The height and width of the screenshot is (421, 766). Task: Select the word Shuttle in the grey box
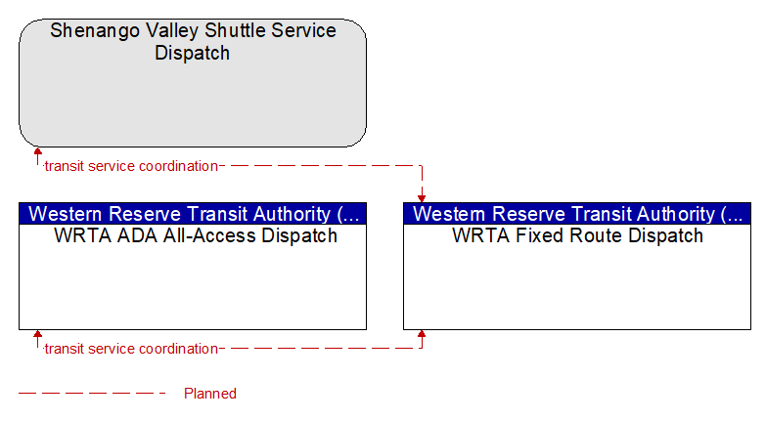tap(235, 30)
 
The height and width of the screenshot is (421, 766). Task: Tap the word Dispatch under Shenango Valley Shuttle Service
tap(193, 53)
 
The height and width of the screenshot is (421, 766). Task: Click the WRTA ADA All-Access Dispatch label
tap(196, 235)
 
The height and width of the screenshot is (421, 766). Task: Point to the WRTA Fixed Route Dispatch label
tap(577, 235)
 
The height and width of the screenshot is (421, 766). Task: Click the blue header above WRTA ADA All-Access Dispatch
tap(193, 214)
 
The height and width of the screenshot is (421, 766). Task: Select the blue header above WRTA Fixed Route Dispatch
tap(577, 214)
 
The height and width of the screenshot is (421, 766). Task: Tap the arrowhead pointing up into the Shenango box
tap(37, 151)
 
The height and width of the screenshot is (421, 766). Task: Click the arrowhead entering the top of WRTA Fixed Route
tap(422, 198)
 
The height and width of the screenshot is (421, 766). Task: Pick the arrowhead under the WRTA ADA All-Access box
tap(37, 334)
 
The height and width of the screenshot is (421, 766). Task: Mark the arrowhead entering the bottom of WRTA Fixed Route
tap(422, 334)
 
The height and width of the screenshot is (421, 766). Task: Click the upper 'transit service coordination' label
tap(131, 166)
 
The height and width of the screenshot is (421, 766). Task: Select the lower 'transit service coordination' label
tap(131, 349)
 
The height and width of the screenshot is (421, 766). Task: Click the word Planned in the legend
tap(210, 394)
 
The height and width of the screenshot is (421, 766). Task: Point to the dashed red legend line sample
tap(92, 394)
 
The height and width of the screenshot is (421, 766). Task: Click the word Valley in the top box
tap(172, 31)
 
